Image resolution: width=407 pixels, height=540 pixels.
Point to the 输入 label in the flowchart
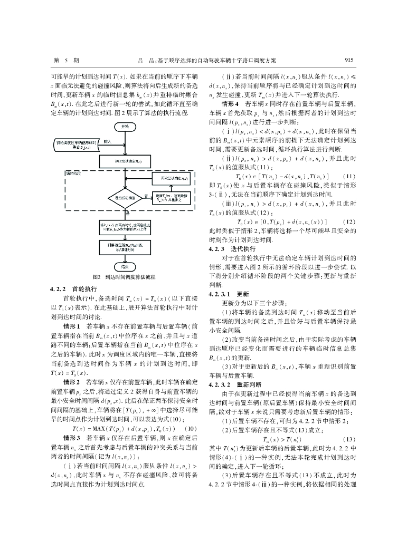[x=108, y=141]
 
